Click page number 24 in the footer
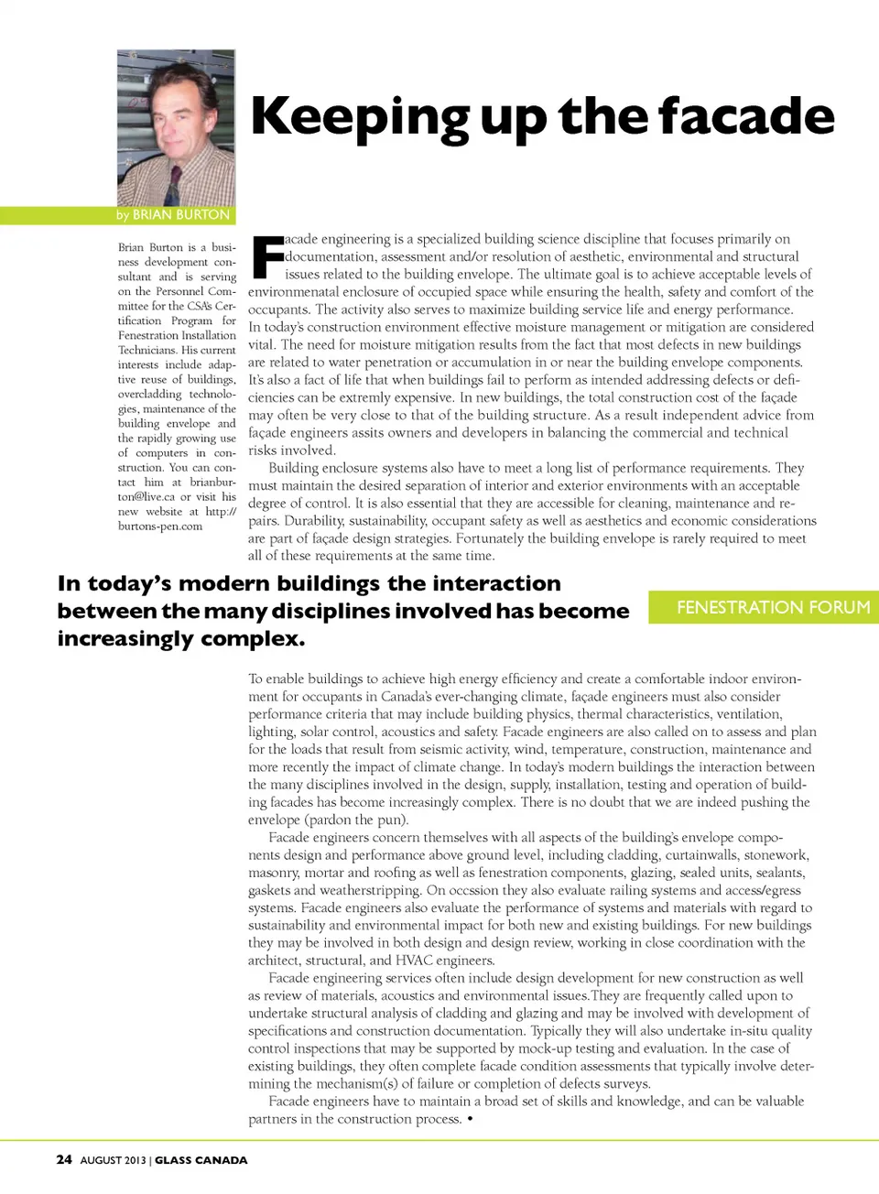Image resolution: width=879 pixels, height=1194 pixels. pos(64,1159)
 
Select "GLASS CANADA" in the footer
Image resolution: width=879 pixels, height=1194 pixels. pos(201,1160)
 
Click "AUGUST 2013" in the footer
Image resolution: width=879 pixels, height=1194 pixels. pos(114,1160)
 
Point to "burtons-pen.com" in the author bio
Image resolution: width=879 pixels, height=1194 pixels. pos(160,526)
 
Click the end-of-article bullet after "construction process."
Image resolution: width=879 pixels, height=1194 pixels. pos(470,1119)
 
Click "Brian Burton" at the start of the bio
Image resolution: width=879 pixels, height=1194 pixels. pos(150,247)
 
